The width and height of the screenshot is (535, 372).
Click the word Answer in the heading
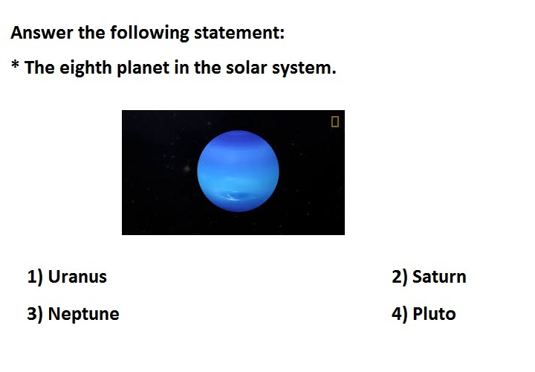(42, 33)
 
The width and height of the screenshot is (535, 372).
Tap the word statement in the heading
(239, 33)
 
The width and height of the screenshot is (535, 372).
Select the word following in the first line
(149, 33)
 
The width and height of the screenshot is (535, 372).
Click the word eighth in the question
(85, 68)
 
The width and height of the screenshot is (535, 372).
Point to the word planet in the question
(143, 68)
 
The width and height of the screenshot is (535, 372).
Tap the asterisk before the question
(15, 64)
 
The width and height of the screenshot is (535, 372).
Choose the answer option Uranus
(77, 277)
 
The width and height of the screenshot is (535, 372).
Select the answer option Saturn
(439, 277)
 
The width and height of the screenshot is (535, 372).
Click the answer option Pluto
(434, 314)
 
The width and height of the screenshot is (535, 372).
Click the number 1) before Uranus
(35, 278)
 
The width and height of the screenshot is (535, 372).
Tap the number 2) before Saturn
(400, 278)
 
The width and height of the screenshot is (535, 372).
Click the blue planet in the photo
(239, 171)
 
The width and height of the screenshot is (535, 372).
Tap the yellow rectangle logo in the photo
(335, 121)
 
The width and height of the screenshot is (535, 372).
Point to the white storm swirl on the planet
(234, 196)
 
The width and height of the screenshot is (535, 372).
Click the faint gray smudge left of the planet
(187, 168)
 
